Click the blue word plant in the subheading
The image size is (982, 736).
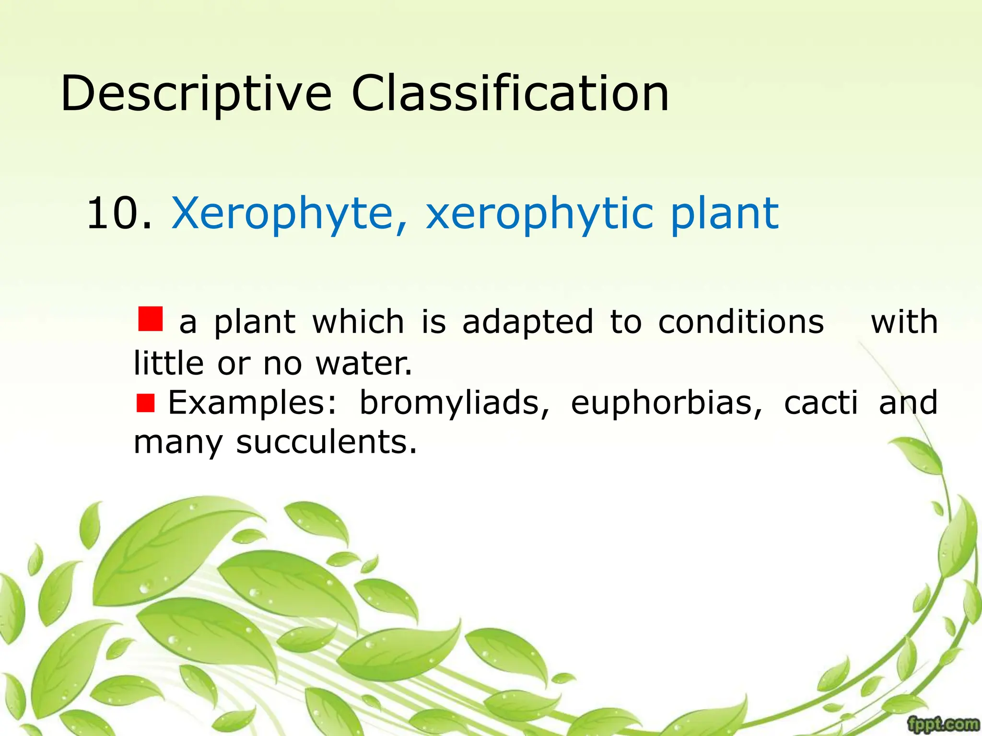click(x=724, y=213)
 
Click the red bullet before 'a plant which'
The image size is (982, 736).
click(x=150, y=319)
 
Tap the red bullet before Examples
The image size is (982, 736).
click(x=145, y=403)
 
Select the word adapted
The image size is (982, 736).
click(x=528, y=322)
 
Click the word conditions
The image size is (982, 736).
click(x=741, y=322)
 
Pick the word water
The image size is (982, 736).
click(x=363, y=363)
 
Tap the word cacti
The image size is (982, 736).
click(x=820, y=403)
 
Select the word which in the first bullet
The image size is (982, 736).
click(x=358, y=322)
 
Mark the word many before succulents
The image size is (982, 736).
click(x=178, y=443)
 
